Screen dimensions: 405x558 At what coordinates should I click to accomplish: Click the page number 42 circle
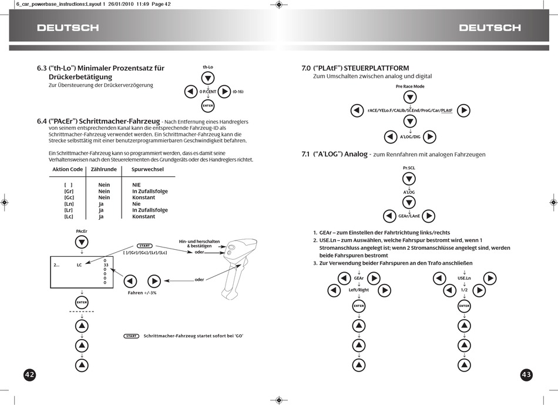[x=30, y=374]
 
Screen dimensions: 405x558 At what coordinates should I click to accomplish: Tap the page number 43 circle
[x=526, y=374]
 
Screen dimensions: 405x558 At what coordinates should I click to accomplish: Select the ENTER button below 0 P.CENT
[x=208, y=106]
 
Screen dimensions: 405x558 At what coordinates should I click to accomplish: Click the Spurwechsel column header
[x=147, y=169]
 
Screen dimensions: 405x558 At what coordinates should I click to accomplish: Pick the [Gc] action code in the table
[x=69, y=198]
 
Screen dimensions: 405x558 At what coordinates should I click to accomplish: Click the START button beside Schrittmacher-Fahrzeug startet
[x=132, y=336]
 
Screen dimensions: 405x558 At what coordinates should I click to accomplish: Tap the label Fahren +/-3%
[x=142, y=292]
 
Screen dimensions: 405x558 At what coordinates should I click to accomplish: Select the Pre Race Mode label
[x=410, y=86]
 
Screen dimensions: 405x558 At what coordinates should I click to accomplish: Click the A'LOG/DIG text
[x=410, y=137]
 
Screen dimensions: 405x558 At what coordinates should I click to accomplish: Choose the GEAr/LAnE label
[x=409, y=216]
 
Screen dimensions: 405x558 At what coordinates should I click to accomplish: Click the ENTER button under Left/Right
[x=359, y=306]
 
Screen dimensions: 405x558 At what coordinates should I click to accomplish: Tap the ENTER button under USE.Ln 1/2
[x=464, y=306]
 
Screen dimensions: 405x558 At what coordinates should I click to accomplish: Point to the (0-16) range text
[x=238, y=92]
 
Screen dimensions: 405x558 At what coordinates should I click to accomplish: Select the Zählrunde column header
[x=103, y=169]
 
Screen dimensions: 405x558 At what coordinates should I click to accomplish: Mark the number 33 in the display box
[x=105, y=265]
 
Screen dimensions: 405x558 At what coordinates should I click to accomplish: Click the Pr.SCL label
[x=409, y=168]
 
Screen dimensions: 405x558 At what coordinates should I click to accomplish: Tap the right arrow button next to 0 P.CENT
[x=224, y=92]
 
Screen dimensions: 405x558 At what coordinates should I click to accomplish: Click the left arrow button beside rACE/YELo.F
[x=357, y=110]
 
